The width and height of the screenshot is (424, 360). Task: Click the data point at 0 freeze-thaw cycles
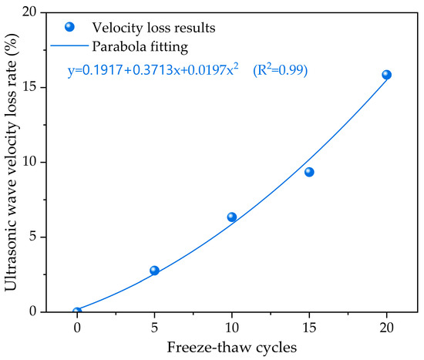coord(77,312)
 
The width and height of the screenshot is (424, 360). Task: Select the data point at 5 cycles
coord(154,271)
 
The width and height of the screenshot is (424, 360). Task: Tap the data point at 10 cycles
coord(232,217)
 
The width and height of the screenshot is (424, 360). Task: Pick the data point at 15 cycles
coord(309,172)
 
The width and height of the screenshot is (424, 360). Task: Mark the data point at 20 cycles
coord(386,75)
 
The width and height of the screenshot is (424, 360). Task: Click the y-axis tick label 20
coord(29,13)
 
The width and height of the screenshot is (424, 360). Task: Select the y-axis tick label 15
coord(29,88)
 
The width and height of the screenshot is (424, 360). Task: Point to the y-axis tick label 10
coord(29,163)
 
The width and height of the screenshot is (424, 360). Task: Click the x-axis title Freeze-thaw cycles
coord(232,347)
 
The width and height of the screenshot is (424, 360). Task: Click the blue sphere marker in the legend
coord(70,27)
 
